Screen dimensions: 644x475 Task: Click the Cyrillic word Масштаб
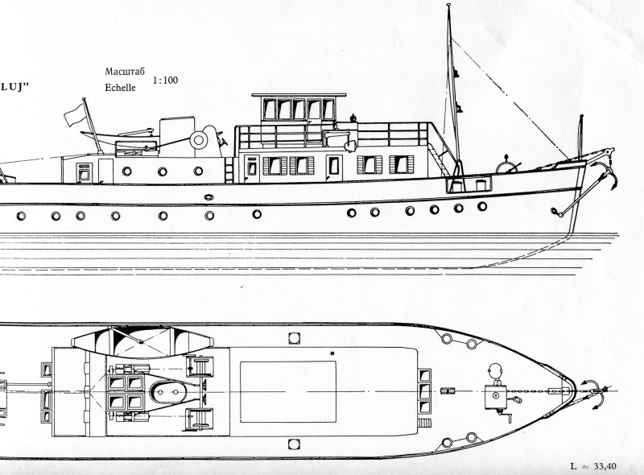pos(125,72)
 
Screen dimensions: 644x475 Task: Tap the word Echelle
pos(120,88)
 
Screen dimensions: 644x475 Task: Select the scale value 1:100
pos(166,81)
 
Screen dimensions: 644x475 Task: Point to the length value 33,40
pos(605,466)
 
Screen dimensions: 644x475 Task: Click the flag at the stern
pos(75,114)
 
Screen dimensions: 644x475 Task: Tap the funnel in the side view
pos(177,137)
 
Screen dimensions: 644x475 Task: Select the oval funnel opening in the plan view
pos(169,392)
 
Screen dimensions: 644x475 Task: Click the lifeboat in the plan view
pos(142,342)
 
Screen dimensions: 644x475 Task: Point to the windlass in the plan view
pos(496,396)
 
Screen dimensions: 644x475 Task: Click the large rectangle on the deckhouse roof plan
pos(288,391)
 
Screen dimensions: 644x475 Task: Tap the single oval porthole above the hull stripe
pos(208,197)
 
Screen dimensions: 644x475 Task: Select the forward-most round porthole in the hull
pos(482,206)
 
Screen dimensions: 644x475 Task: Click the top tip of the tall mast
pos(448,4)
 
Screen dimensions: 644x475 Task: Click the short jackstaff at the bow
pos(580,138)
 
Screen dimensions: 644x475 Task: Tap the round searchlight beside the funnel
pos(198,140)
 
